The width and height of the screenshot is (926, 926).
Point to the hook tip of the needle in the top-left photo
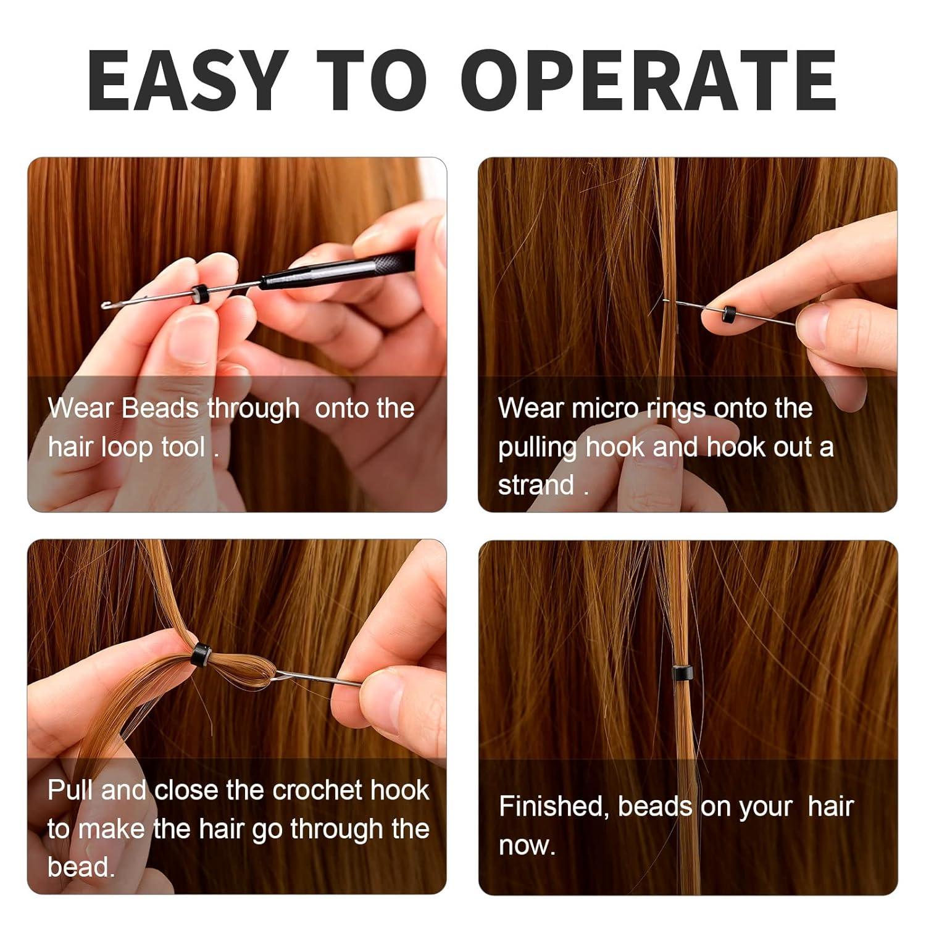107,304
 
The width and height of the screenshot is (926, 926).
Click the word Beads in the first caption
161,409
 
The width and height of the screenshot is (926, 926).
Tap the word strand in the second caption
536,485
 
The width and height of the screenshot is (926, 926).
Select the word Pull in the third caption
70,790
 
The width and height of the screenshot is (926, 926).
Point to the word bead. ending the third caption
81,867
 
